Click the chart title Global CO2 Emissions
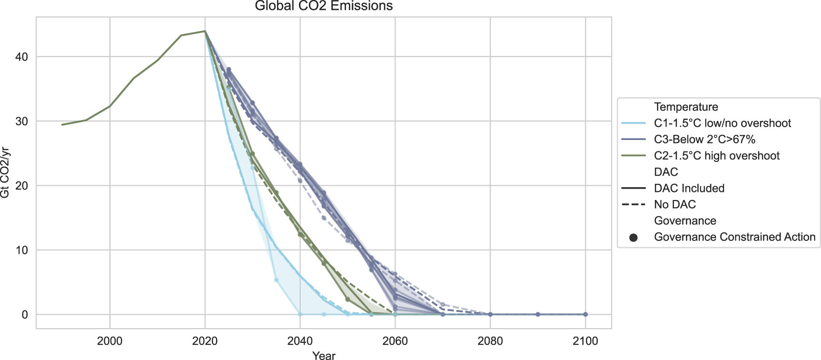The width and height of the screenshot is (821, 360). (x=324, y=6)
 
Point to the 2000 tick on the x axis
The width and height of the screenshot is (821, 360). (x=109, y=341)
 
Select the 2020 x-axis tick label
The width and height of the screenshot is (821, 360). (x=205, y=341)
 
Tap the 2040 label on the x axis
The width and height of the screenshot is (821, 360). (x=300, y=341)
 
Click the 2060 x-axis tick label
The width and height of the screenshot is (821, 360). (x=395, y=341)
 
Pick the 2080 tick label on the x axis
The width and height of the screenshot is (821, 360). (x=490, y=341)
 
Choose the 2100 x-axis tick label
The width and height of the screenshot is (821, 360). (x=585, y=341)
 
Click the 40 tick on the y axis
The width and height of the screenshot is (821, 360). (x=22, y=57)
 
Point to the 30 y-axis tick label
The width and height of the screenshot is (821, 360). (x=22, y=121)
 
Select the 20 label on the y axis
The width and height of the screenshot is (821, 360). (x=22, y=186)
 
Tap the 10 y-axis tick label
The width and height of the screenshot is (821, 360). (x=22, y=250)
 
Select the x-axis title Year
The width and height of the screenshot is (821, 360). (x=324, y=355)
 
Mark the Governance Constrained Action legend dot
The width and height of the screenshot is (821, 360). (x=633, y=237)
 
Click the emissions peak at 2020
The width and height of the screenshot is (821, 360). (x=205, y=31)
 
